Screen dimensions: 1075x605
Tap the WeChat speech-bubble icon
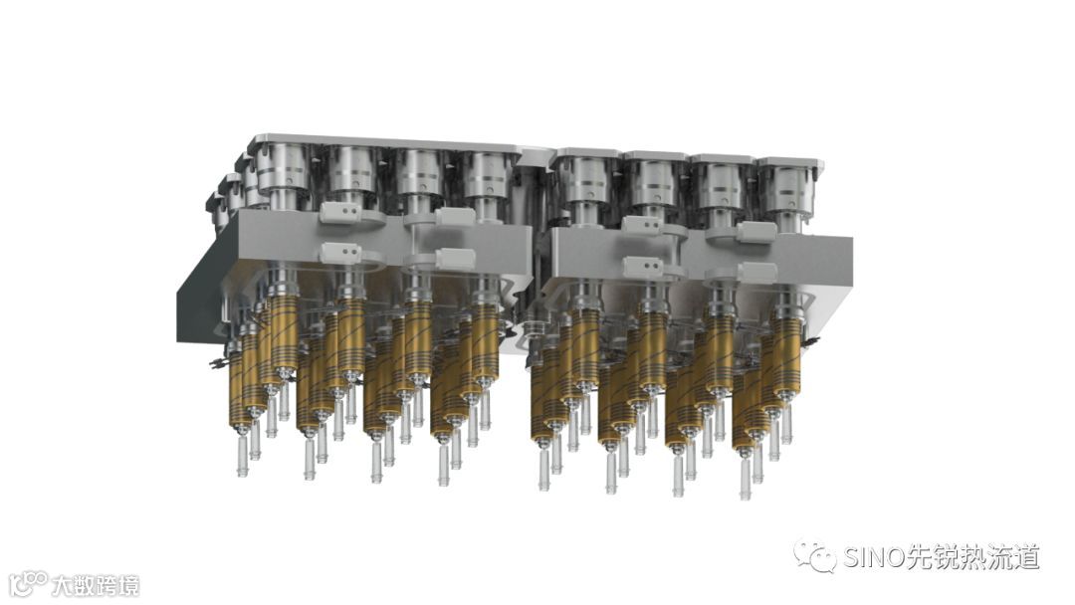click(815, 556)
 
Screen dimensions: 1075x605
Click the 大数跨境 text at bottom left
click(96, 586)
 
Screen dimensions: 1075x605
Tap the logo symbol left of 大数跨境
click(30, 584)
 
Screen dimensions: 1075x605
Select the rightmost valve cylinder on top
click(785, 185)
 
